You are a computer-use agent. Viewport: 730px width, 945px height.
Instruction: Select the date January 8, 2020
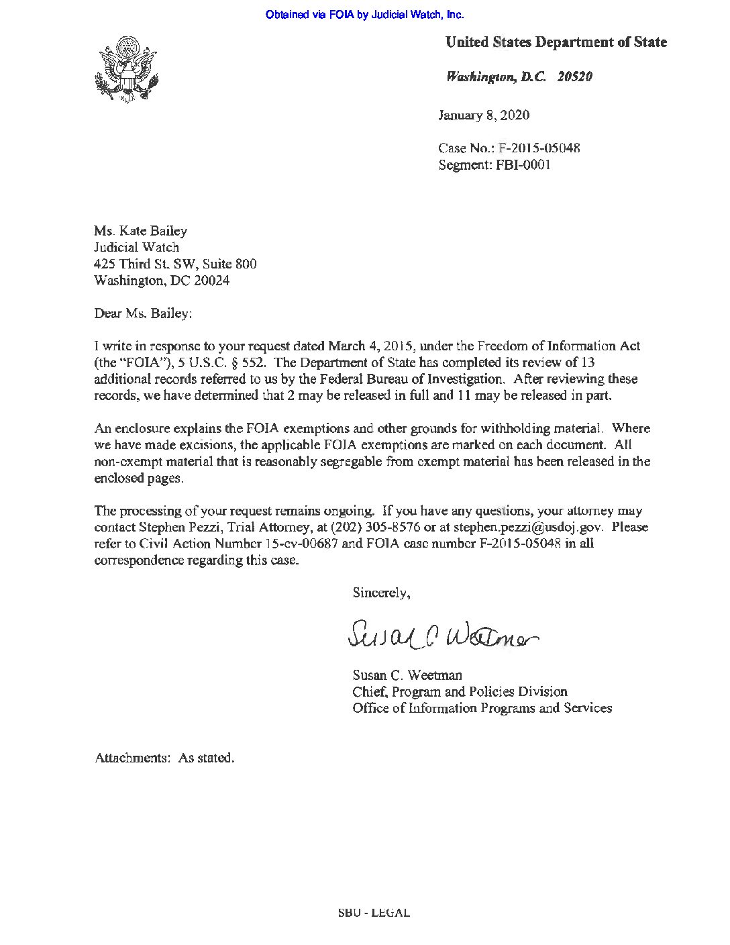[484, 115]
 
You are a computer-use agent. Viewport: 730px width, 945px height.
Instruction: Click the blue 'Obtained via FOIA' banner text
[364, 14]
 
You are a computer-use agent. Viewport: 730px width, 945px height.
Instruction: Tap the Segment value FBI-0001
[523, 164]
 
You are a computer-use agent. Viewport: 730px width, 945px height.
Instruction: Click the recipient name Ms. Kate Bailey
[141, 231]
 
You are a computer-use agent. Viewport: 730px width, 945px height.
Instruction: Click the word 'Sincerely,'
[381, 593]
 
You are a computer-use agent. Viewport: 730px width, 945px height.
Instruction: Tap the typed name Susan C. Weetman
[407, 675]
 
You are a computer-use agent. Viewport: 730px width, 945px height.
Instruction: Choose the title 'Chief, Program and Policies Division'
[460, 691]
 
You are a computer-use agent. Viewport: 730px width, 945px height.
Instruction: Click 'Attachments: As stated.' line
[164, 758]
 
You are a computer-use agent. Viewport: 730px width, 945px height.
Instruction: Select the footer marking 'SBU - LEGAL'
[374, 913]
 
